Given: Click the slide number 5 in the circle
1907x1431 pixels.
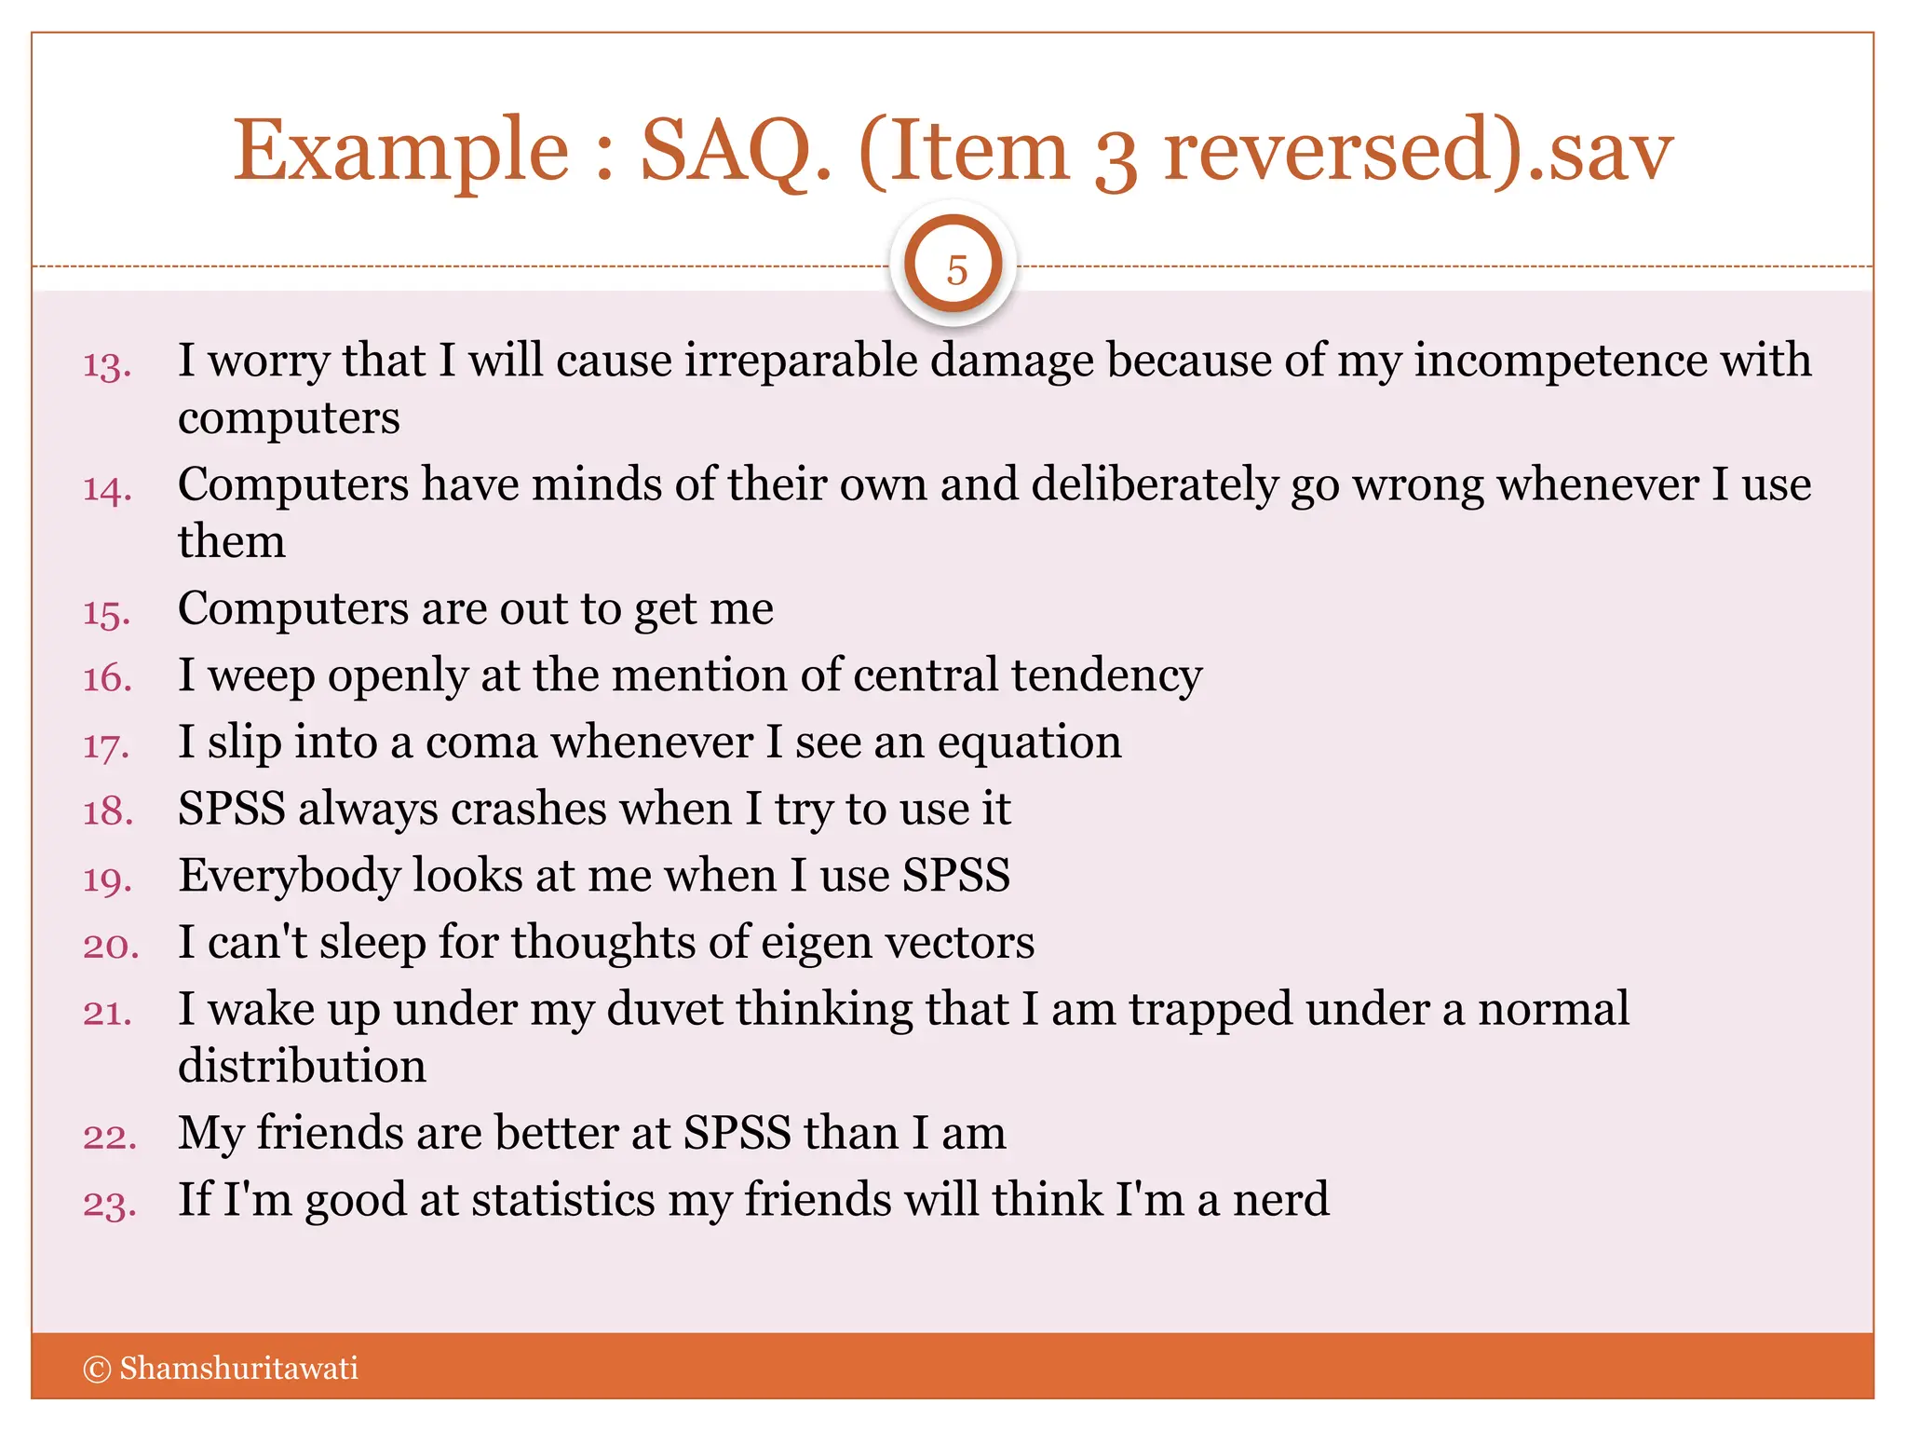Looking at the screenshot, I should pyautogui.click(x=955, y=270).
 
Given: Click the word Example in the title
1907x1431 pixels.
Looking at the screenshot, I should pyautogui.click(x=400, y=152).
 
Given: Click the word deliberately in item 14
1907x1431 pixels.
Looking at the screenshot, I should pyautogui.click(x=1154, y=485).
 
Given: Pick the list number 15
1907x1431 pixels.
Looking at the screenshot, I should pyautogui.click(x=107, y=614).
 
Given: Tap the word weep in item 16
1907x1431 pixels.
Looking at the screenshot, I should pyautogui.click(x=262, y=676).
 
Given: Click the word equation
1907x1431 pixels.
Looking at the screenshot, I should pyautogui.click(x=1029, y=743).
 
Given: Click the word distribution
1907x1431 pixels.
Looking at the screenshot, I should pyautogui.click(x=302, y=1066).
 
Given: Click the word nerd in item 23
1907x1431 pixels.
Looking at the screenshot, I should pyautogui.click(x=1280, y=1199).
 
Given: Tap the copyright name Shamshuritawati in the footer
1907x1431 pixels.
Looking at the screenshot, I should pyautogui.click(x=238, y=1368).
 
